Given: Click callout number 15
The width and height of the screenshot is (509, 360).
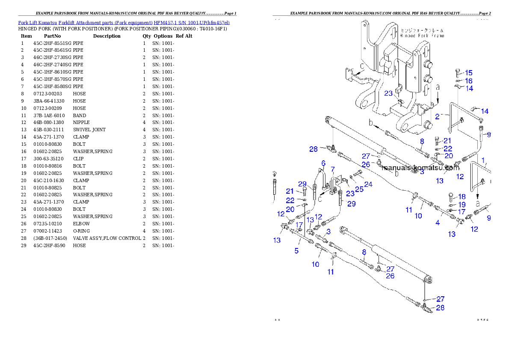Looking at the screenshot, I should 469,73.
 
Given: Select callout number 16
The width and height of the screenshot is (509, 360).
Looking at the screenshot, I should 469,81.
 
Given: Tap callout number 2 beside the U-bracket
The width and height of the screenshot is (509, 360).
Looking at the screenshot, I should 437,116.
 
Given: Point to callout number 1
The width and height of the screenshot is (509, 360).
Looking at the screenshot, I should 484,162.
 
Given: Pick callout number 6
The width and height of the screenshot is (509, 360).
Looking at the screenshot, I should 323,163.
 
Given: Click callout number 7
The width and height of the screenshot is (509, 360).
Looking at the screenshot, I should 332,169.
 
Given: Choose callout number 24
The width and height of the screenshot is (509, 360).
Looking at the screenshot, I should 368,185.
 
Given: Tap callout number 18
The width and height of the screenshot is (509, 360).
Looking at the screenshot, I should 462,197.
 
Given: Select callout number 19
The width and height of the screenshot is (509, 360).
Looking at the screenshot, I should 462,204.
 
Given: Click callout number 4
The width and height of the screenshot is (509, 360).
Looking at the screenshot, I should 438,223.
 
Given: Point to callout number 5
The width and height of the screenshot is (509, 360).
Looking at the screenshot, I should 296,251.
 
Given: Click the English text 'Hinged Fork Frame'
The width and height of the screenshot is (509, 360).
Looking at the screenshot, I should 422,36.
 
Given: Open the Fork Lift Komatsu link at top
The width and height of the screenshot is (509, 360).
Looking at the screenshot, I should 124,22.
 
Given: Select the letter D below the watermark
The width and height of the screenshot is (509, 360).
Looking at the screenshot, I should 396,174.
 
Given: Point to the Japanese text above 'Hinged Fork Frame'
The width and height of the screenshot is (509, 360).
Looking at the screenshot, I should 422,31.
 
